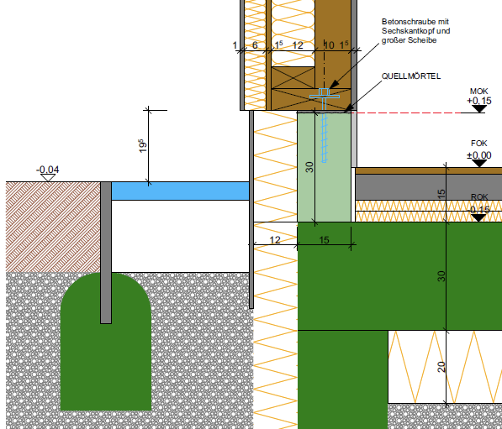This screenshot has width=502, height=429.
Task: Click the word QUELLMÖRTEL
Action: (x=411, y=76)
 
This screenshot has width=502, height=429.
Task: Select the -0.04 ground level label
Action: (x=48, y=170)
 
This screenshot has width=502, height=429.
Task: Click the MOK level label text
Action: (x=479, y=92)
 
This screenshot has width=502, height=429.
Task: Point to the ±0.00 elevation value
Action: (x=479, y=155)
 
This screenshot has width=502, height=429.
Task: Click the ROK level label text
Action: (x=479, y=197)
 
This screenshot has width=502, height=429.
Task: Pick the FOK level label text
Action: (x=479, y=144)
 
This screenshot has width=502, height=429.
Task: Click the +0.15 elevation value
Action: (x=479, y=101)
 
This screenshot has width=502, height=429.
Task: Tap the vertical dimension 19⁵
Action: (x=143, y=146)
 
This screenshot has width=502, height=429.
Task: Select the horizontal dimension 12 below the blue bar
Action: (x=275, y=240)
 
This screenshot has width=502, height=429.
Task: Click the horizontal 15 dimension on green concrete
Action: (x=324, y=240)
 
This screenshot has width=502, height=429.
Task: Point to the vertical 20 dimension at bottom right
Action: (x=441, y=367)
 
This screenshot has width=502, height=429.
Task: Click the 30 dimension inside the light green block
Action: (x=309, y=167)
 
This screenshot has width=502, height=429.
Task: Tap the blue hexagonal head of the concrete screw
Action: (x=325, y=92)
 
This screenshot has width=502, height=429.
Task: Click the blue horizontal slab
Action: (x=180, y=191)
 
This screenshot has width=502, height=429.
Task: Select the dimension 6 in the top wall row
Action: (x=255, y=45)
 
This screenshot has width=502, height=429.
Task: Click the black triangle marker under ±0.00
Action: (x=479, y=163)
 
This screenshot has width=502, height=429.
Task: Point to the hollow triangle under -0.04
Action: (x=48, y=178)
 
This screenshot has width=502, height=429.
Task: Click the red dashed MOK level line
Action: (x=406, y=112)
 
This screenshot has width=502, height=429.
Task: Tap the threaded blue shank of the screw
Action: (x=325, y=138)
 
